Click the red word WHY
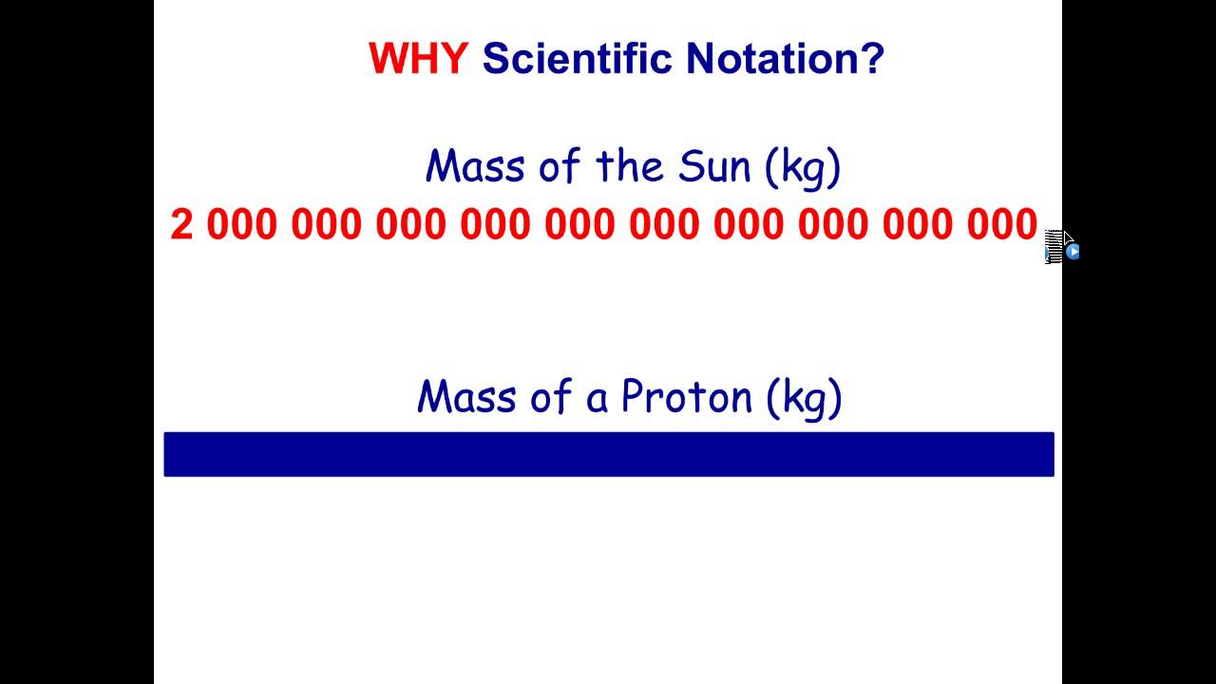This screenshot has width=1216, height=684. [x=417, y=59]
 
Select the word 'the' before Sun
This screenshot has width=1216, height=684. [x=630, y=166]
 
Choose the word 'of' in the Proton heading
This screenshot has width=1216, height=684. [x=550, y=396]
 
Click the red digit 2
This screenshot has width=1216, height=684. [x=181, y=225]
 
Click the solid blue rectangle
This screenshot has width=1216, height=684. [x=608, y=454]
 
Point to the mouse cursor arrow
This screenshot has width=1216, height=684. [x=1066, y=239]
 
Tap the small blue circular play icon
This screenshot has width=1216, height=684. [x=1073, y=252]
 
